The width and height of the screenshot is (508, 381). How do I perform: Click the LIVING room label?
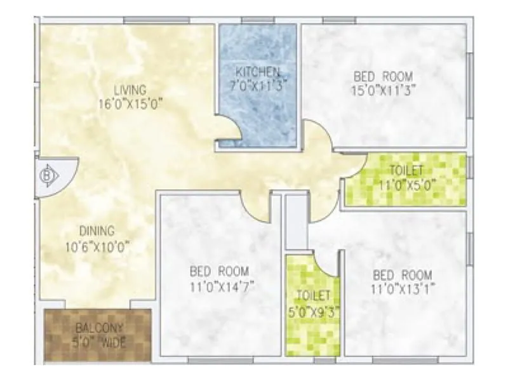(130, 89)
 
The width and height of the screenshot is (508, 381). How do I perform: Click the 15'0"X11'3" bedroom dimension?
(384, 90)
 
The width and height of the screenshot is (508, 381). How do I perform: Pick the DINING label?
(97, 231)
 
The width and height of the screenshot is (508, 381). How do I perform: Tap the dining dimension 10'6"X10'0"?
(97, 245)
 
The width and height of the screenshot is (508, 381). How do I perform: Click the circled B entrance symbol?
(46, 175)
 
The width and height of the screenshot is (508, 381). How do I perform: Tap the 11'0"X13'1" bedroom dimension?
(403, 289)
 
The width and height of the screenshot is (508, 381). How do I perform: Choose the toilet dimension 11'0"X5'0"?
(408, 185)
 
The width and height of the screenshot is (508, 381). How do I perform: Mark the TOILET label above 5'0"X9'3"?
(312, 295)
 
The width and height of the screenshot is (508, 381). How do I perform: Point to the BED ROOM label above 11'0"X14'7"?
(219, 271)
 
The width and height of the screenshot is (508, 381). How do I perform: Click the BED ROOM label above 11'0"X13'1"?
(403, 275)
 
